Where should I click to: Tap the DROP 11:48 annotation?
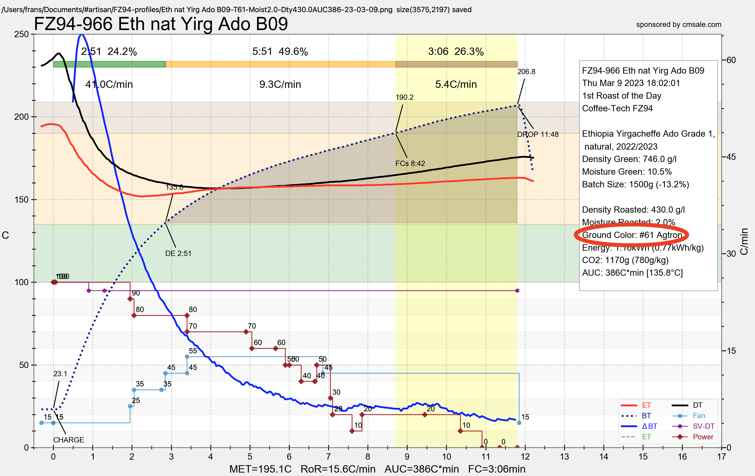[538, 134]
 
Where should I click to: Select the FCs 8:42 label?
[410, 164]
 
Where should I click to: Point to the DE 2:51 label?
[178, 253]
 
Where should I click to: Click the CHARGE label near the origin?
[68, 440]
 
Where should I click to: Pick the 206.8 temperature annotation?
[526, 72]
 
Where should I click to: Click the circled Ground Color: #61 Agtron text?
[632, 235]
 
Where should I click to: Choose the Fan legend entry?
[699, 416]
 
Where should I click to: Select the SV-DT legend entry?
[703, 426]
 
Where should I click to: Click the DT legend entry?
[697, 405]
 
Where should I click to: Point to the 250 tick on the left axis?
[21, 34]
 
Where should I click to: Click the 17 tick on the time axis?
[722, 456]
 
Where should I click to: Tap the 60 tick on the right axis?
[731, 60]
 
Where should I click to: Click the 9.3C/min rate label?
[280, 84]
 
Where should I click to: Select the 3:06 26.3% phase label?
[456, 51]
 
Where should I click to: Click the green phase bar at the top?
[109, 64]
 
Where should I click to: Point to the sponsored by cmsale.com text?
[679, 25]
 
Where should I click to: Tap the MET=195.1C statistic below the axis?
[260, 469]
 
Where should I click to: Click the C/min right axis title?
[744, 242]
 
